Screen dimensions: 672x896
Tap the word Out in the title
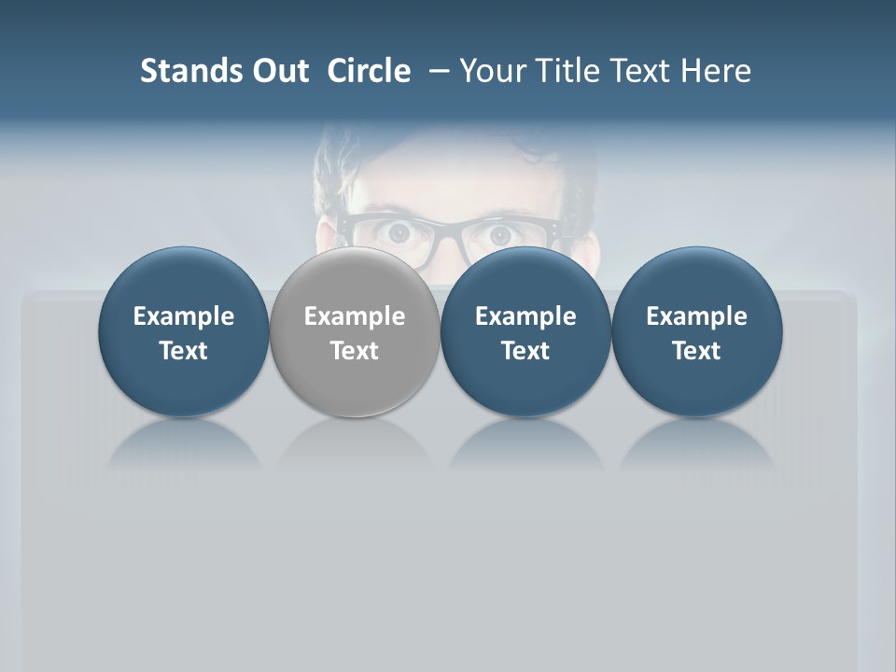click(277, 71)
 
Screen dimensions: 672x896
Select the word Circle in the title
click(369, 71)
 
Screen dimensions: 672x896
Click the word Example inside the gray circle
click(355, 316)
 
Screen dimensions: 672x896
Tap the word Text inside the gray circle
click(355, 351)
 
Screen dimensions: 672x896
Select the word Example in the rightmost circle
click(697, 316)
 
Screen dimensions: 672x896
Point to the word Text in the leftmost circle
click(184, 351)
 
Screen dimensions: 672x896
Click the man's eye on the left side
click(403, 233)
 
